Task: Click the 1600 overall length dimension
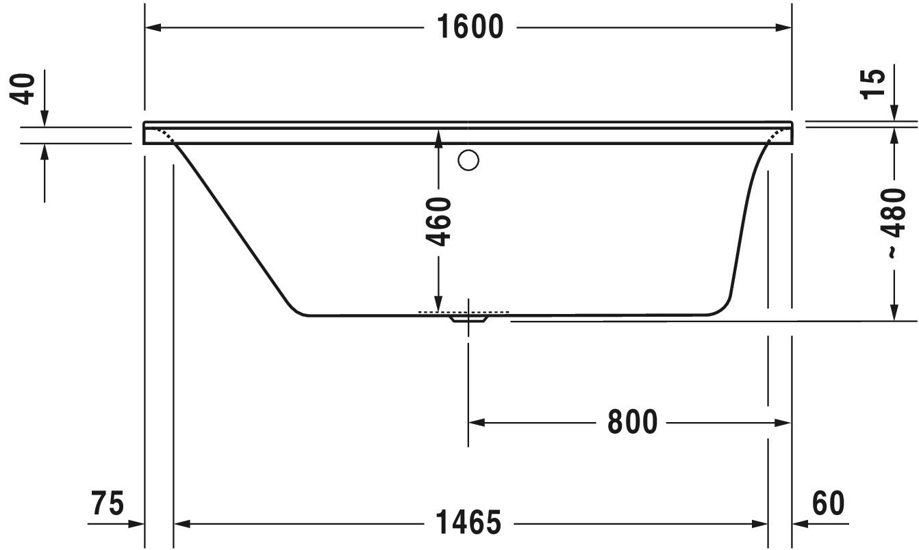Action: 470,27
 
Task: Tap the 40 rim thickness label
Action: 22,89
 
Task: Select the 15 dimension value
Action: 872,84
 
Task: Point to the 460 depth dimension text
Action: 438,222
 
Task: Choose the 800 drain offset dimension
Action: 632,422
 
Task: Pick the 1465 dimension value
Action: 468,523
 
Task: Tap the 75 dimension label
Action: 108,503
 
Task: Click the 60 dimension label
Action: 829,503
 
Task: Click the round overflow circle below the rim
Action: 468,160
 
